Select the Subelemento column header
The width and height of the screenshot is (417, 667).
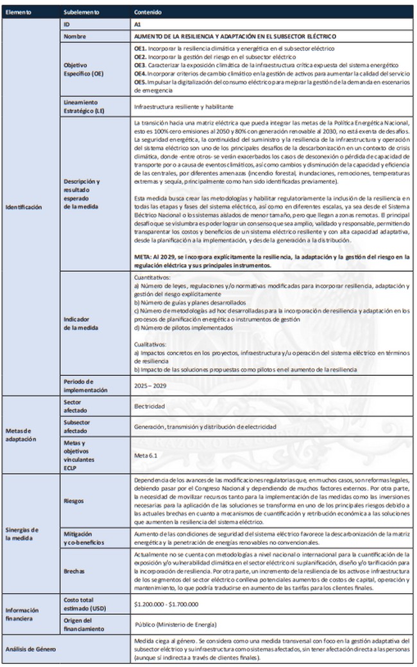[81, 12]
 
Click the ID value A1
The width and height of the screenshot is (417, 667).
[138, 24]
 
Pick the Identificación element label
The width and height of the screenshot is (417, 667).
[24, 207]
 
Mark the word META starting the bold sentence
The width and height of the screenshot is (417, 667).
[143, 256]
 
